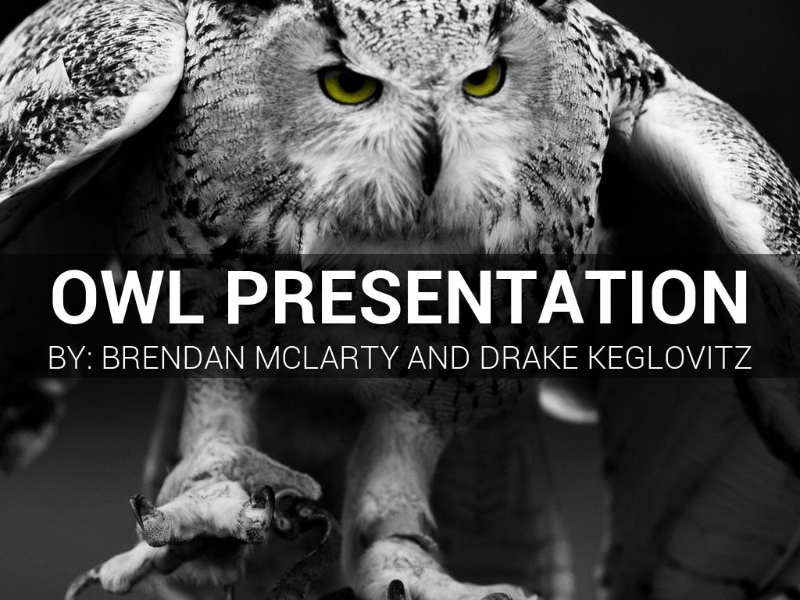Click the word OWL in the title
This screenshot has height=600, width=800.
(x=126, y=297)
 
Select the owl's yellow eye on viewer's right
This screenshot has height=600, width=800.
(x=484, y=79)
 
